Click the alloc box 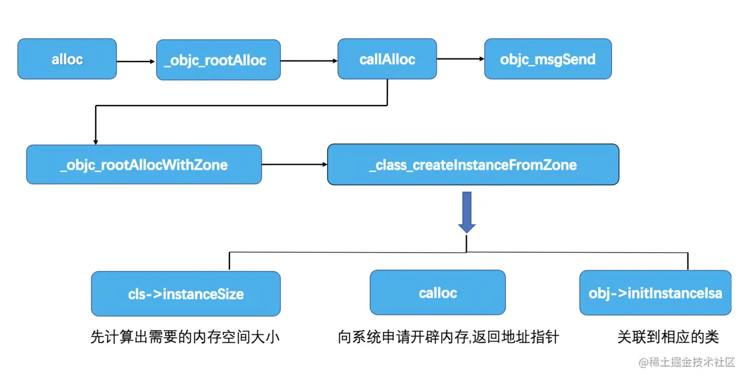[67, 59]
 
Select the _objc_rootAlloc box [218, 60]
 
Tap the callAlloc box [387, 59]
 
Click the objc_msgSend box [548, 59]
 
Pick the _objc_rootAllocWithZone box [144, 165]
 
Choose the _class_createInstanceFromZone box [473, 165]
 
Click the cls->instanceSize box [186, 294]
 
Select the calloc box [437, 293]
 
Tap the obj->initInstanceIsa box [655, 293]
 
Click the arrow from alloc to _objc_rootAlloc [136, 61]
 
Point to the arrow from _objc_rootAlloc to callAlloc [308, 60]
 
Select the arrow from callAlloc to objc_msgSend [460, 59]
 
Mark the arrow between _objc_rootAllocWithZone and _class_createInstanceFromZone [294, 164]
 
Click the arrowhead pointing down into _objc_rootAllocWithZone [95, 141]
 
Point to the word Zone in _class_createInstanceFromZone [559, 165]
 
